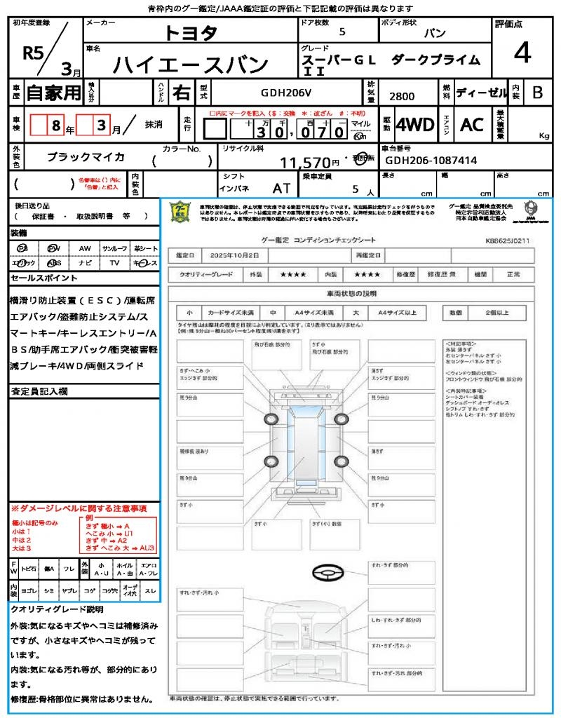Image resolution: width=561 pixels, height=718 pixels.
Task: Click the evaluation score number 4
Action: click(x=521, y=53)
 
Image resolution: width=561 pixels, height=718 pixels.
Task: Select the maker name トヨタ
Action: click(x=191, y=33)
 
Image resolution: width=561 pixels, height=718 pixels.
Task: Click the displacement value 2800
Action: click(x=401, y=96)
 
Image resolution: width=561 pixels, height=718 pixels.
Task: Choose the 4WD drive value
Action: click(x=414, y=125)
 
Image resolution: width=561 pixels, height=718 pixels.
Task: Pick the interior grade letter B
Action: click(x=536, y=92)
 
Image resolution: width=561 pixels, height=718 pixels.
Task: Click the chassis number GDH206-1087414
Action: click(x=431, y=160)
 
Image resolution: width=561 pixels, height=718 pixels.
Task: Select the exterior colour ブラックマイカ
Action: click(x=86, y=156)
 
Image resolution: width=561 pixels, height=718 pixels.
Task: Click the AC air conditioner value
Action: click(x=471, y=125)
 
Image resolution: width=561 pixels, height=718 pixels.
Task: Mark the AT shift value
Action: click(x=282, y=189)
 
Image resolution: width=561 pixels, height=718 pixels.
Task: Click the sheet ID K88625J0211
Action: click(x=508, y=241)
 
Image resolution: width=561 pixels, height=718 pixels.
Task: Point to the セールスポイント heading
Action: click(x=39, y=278)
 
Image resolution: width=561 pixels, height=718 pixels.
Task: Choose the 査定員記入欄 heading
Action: click(x=39, y=391)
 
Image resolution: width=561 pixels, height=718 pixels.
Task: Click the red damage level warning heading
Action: click(x=79, y=508)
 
